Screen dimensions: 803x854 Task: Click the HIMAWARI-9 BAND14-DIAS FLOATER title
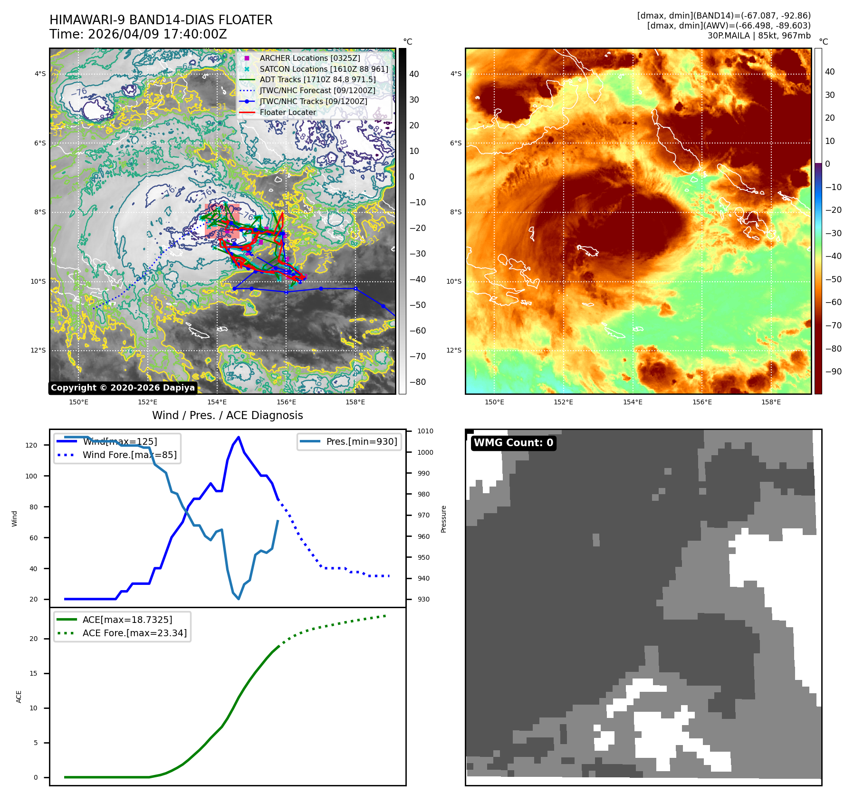pos(161,20)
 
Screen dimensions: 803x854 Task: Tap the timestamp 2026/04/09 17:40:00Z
pos(157,34)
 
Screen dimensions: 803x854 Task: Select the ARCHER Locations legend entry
pos(309,58)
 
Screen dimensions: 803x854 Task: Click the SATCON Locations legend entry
pos(324,69)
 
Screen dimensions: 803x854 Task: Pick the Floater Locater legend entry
pos(288,112)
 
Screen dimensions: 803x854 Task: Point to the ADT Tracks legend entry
pos(317,79)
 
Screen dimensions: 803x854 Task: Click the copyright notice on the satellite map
pos(123,388)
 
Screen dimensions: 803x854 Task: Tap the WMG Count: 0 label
pos(513,443)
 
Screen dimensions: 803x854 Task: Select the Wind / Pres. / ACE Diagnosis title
pos(227,415)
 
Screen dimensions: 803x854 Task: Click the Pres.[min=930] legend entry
pos(361,441)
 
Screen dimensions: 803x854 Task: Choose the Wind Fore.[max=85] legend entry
pos(129,455)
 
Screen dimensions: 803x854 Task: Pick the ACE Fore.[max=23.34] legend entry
pos(134,633)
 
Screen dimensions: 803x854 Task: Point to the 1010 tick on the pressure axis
pos(425,431)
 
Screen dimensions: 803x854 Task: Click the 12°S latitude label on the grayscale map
pos(38,351)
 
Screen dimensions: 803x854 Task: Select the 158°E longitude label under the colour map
pos(771,402)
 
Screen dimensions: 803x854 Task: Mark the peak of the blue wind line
pos(239,437)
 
